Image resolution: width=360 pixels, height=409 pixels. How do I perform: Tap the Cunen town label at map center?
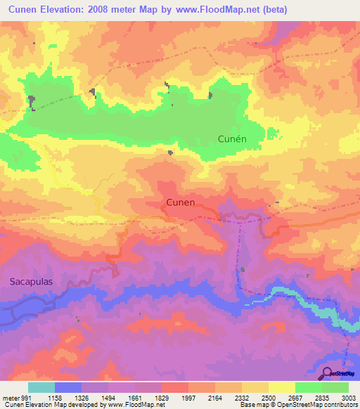(x=181, y=202)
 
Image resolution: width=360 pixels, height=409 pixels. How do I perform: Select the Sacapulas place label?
(x=32, y=281)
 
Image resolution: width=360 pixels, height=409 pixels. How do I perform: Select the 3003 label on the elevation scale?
(x=349, y=397)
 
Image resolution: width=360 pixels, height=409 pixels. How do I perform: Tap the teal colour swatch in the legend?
(x=41, y=387)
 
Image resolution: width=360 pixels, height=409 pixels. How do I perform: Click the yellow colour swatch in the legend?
(x=282, y=387)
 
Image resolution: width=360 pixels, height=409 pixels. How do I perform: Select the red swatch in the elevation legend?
(x=174, y=387)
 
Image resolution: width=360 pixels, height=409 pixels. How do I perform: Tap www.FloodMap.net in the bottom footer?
(x=136, y=405)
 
